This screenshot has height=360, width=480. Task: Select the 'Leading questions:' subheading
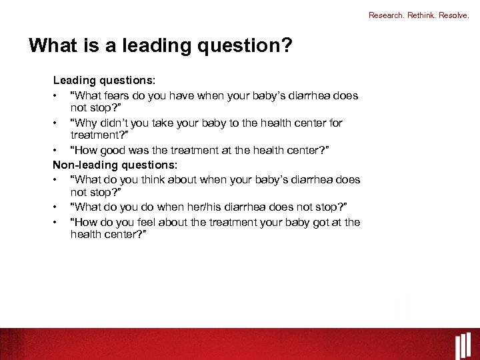coord(105,80)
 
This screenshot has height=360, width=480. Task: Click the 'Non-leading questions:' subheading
coord(115,165)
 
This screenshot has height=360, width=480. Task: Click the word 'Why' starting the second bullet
coord(85,123)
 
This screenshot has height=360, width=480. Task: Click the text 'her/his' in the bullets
coord(209,207)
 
